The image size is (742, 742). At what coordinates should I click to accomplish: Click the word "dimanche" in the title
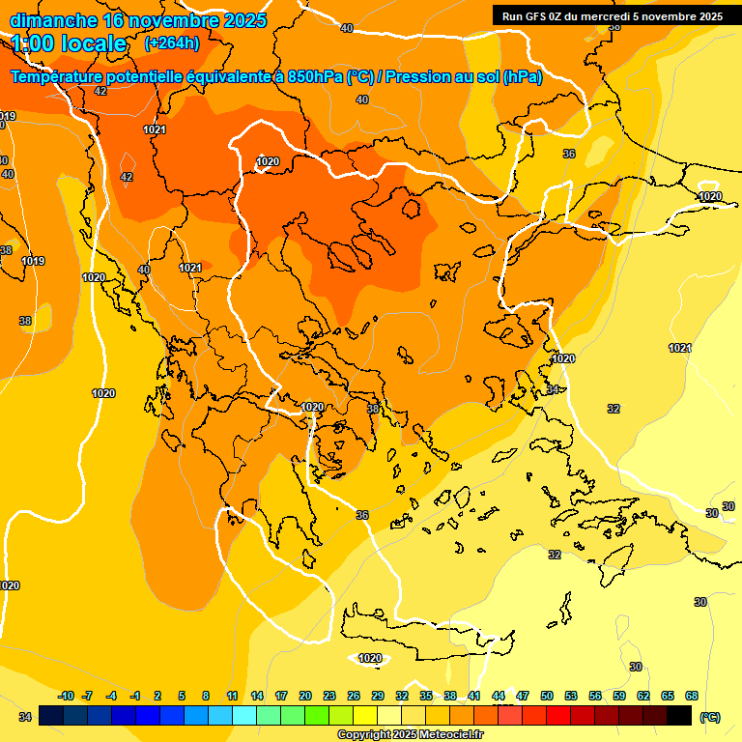coord(53,20)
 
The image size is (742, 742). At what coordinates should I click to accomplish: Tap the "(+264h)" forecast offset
coord(172,43)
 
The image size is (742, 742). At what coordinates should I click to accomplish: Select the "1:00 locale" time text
coord(70,43)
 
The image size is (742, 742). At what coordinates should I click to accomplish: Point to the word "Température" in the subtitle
coord(59,77)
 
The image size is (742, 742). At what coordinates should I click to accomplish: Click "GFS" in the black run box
coord(534,16)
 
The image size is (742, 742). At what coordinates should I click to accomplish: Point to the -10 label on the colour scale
coord(66,696)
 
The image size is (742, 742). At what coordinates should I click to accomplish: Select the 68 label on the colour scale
coord(691,696)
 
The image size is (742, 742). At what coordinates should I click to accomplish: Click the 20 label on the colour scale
coord(305,696)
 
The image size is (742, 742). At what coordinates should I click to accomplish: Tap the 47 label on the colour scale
coord(523,696)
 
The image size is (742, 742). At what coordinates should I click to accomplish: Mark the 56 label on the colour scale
coord(595,696)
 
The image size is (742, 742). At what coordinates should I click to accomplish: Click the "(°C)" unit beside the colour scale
coord(710,717)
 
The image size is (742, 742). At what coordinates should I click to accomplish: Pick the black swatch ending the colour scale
coord(679,715)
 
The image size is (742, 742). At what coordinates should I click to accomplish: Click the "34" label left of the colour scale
coord(26,716)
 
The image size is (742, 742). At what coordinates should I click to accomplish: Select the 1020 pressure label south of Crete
coord(370,659)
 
